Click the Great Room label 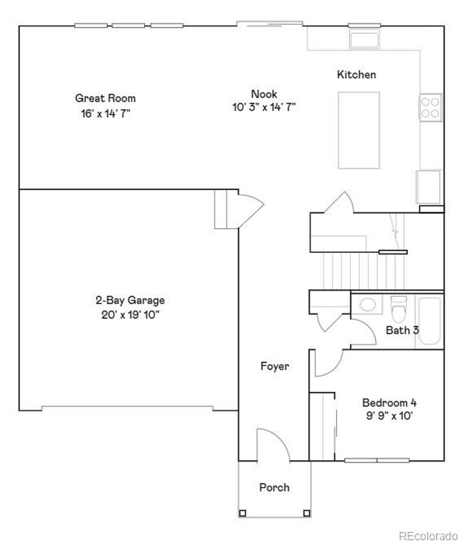pos(105,98)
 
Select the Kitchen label pos(356,75)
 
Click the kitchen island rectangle pos(359,130)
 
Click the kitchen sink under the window pos(365,39)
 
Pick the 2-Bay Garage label pos(130,300)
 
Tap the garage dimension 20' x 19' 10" pos(130,314)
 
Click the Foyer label pos(275,366)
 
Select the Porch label pos(274,487)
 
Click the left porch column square pos(243,513)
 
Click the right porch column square pos(307,513)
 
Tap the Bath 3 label pos(402,330)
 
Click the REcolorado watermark pos(428,535)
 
